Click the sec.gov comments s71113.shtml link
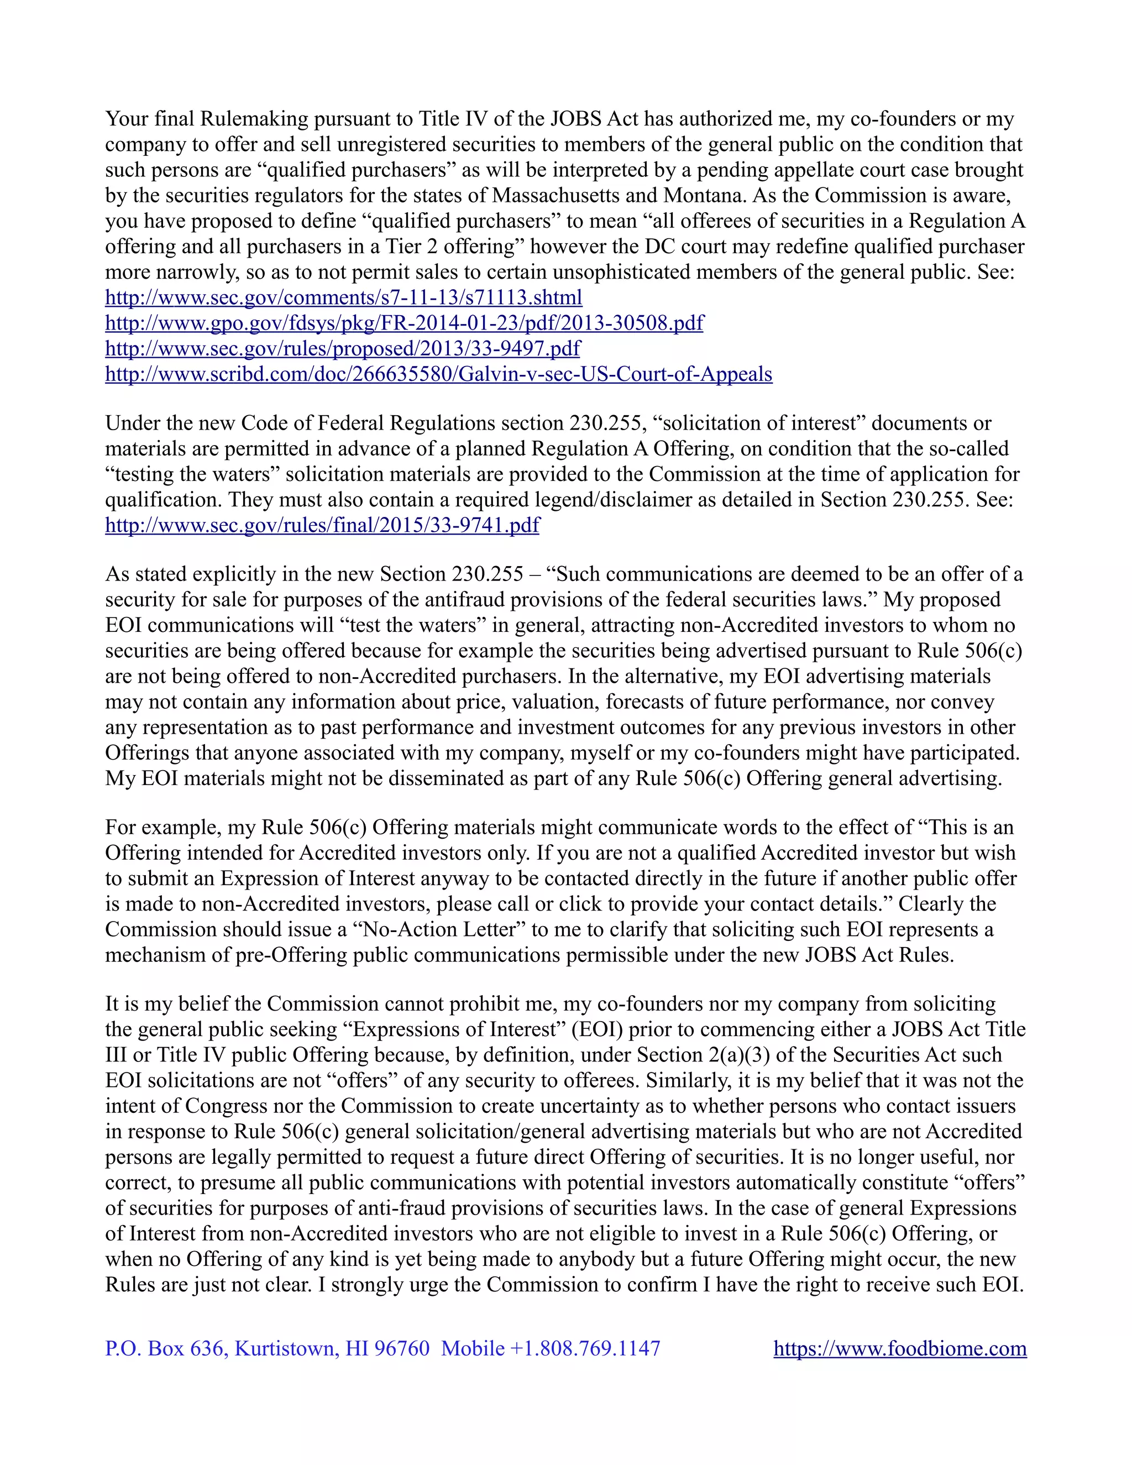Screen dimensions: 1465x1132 pyautogui.click(x=343, y=297)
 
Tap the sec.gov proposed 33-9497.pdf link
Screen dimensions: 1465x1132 pyautogui.click(x=343, y=348)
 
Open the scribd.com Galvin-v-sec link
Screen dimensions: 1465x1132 pyautogui.click(x=438, y=374)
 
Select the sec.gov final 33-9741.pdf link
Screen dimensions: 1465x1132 pyautogui.click(x=322, y=525)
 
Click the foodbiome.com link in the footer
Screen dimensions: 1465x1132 pyautogui.click(x=900, y=1348)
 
